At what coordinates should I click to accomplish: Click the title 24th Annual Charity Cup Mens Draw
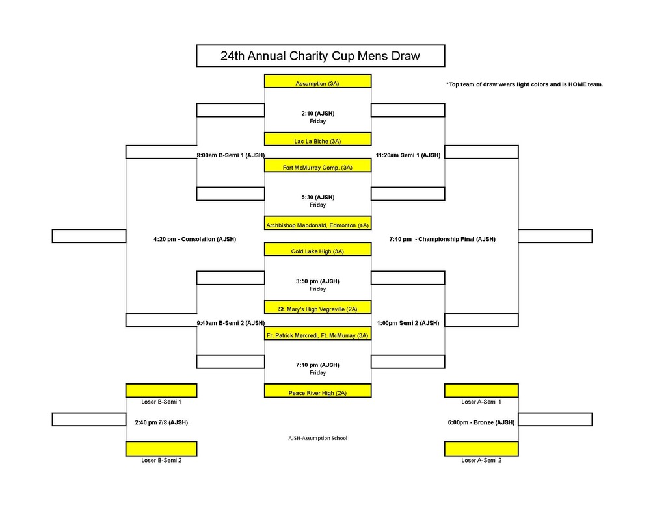click(320, 56)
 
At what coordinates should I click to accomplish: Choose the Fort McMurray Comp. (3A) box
click(317, 166)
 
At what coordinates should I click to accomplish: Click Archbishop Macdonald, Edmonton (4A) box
click(317, 224)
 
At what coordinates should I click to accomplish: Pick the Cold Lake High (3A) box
click(317, 250)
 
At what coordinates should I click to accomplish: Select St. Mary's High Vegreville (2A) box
click(317, 308)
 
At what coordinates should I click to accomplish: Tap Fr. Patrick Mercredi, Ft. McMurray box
click(317, 335)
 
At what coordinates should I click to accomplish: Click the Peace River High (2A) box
click(317, 392)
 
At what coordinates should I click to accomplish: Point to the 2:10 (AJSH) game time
click(317, 113)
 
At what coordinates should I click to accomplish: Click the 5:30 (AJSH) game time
click(317, 197)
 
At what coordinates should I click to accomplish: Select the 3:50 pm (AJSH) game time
click(317, 281)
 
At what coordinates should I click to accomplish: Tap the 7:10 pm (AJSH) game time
click(317, 365)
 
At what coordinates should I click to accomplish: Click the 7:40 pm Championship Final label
click(442, 239)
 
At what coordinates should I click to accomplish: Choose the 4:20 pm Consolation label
click(194, 239)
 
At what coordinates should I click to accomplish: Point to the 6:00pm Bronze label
click(481, 422)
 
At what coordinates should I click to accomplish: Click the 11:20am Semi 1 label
click(408, 155)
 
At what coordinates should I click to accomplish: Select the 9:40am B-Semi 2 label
click(230, 322)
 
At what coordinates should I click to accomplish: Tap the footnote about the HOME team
click(524, 84)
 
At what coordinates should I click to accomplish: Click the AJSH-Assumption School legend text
click(317, 438)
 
